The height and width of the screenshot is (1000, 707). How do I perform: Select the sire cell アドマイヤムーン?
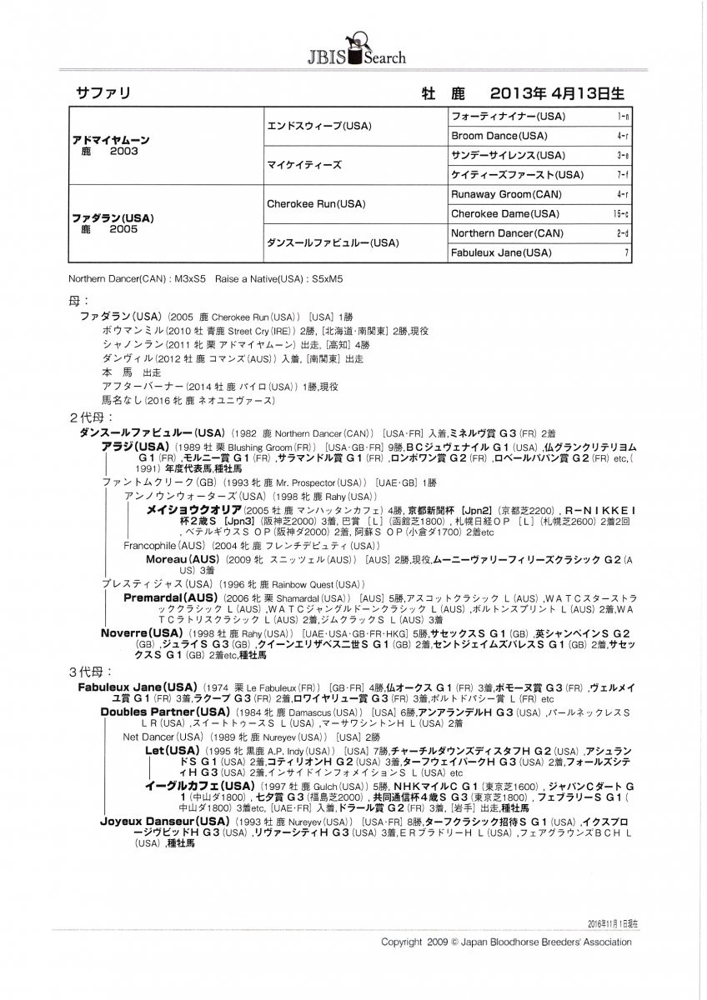pyautogui.click(x=111, y=141)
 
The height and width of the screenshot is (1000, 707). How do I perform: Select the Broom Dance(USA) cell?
pyautogui.click(x=499, y=135)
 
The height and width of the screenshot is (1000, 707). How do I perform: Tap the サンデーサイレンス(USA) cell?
pyautogui.click(x=508, y=155)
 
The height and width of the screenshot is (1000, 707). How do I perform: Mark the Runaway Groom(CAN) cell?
pyautogui.click(x=506, y=194)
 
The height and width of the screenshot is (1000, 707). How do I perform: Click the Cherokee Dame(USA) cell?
pyautogui.click(x=504, y=213)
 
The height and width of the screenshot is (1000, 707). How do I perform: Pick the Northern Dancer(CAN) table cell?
pyautogui.click(x=507, y=233)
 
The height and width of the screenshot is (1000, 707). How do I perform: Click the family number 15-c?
pyautogui.click(x=622, y=213)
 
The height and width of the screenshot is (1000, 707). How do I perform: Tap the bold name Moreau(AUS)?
pyautogui.click(x=183, y=559)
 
